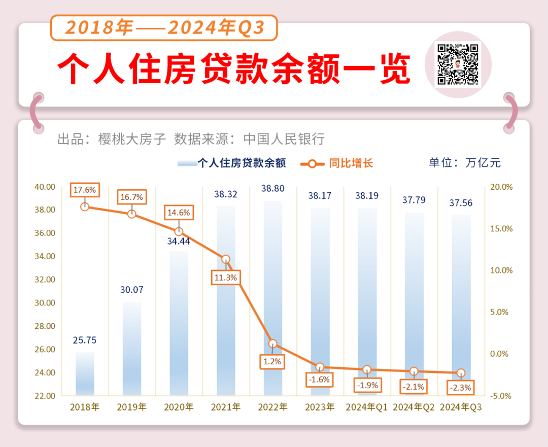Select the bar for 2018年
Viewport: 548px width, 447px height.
tap(85, 373)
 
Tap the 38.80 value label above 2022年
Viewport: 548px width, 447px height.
tap(272, 188)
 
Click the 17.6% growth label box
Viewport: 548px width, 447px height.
tap(85, 190)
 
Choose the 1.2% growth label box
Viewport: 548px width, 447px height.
tap(272, 362)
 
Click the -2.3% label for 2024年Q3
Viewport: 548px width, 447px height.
tap(461, 388)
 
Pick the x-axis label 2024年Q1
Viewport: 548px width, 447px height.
tap(367, 407)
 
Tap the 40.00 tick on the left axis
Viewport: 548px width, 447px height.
tap(44, 187)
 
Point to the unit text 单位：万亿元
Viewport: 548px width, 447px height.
tap(464, 163)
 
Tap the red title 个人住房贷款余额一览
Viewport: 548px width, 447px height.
tap(233, 69)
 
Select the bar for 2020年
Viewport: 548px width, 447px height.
tap(179, 323)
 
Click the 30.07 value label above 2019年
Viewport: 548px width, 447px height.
tap(132, 290)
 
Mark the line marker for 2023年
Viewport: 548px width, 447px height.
tap(320, 367)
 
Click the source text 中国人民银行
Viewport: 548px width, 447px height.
tap(284, 139)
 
